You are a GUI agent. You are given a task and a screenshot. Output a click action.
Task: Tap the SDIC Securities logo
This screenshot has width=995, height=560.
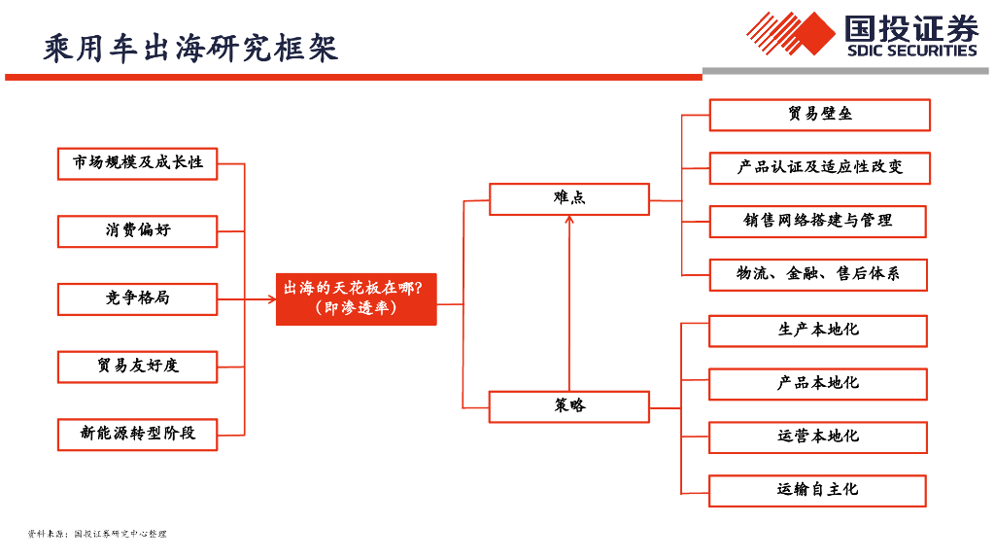click(863, 35)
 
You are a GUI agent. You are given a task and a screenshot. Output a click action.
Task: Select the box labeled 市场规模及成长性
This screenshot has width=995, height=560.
click(137, 163)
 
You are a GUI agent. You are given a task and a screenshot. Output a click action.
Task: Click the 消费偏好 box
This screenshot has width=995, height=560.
click(137, 231)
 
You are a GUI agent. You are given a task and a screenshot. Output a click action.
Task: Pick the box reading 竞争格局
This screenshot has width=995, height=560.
click(137, 298)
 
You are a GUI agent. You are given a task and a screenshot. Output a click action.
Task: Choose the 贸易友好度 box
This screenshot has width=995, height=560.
click(137, 367)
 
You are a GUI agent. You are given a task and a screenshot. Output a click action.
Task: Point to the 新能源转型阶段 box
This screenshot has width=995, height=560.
click(137, 434)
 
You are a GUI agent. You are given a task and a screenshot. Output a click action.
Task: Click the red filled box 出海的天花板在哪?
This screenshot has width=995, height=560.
click(356, 298)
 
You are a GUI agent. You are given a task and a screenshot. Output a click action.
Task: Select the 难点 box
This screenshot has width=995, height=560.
click(568, 198)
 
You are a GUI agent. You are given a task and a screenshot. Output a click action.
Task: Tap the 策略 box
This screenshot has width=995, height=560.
click(568, 406)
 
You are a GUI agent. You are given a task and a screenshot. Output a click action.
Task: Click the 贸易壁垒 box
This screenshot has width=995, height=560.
click(819, 115)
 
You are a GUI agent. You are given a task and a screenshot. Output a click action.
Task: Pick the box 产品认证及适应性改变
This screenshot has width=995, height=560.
click(819, 168)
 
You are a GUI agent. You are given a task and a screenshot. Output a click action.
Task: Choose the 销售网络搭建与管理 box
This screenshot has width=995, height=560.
click(817, 222)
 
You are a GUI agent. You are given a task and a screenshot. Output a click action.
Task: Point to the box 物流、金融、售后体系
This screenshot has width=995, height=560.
click(817, 274)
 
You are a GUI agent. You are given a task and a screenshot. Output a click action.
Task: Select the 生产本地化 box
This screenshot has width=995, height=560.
click(817, 331)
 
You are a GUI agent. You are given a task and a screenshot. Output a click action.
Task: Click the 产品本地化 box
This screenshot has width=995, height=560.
click(817, 384)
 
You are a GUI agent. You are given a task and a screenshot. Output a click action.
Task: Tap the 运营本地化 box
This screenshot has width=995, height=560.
click(817, 437)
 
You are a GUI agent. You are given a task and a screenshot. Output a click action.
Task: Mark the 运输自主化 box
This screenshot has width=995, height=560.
click(817, 490)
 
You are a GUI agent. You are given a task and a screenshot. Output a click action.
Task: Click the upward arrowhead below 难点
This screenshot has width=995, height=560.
click(569, 221)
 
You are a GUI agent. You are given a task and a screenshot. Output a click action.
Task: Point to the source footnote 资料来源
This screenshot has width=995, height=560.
click(97, 534)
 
